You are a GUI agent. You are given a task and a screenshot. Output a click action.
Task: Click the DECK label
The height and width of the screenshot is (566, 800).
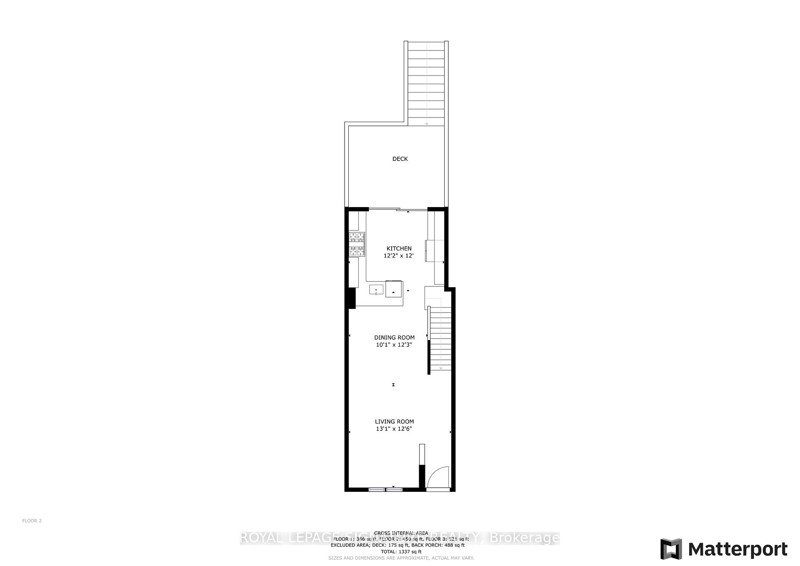tap(400, 159)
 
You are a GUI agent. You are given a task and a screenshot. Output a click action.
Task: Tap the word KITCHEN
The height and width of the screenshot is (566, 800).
tap(399, 248)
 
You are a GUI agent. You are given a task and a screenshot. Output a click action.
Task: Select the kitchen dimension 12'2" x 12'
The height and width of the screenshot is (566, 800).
tap(398, 256)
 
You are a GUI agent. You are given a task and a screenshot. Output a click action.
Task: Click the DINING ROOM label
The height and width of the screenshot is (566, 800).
tap(394, 338)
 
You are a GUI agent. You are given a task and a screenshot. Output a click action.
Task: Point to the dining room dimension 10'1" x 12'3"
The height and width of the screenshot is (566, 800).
tap(394, 345)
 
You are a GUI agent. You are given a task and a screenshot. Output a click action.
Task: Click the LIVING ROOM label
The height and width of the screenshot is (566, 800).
tap(394, 421)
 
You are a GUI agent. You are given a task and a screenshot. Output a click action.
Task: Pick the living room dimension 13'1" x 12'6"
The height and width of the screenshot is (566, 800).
tap(394, 428)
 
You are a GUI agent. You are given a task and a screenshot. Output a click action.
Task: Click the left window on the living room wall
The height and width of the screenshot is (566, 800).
tap(377, 489)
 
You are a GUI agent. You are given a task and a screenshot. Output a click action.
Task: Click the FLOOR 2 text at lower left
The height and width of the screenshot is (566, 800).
tap(32, 521)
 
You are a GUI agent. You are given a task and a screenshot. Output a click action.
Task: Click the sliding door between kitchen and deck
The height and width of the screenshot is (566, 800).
tap(398, 209)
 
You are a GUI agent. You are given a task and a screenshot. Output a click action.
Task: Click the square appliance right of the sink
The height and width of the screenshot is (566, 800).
tap(394, 289)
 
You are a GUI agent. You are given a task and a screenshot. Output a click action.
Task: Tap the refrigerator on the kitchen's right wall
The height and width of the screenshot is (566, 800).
tap(434, 250)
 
